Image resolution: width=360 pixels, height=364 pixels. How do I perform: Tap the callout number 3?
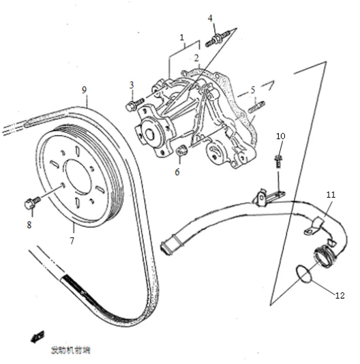pyautogui.click(x=131, y=85)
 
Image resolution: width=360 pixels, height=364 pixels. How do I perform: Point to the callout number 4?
pyautogui.click(x=210, y=18)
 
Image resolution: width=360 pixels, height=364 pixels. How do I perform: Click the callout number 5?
pyautogui.click(x=252, y=89)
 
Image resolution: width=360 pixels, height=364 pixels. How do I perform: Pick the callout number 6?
pyautogui.click(x=177, y=172)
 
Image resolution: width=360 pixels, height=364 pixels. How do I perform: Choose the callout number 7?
pyautogui.click(x=73, y=241)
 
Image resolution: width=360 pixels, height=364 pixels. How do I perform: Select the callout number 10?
pyautogui.click(x=280, y=136)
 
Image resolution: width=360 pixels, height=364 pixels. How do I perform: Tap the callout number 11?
pyautogui.click(x=330, y=195)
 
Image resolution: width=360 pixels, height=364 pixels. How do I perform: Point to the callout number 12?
pyautogui.click(x=340, y=295)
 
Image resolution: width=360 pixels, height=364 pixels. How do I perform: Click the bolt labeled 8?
pyautogui.click(x=29, y=202)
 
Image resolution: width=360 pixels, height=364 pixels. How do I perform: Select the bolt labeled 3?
pyautogui.click(x=134, y=104)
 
